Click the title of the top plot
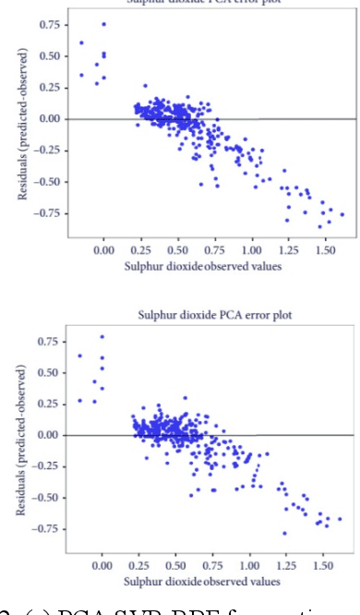coord(212,4)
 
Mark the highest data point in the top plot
coord(103,24)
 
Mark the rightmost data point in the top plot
coord(342,214)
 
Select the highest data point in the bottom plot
coord(102,337)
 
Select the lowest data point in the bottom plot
coord(284,533)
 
